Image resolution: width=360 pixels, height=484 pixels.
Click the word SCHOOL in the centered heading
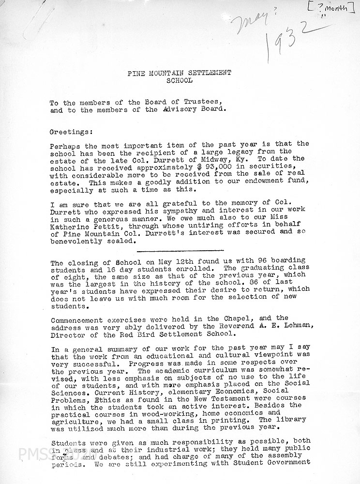[x=179, y=80]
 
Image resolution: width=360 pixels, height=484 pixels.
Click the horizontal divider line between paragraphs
[x=180, y=251]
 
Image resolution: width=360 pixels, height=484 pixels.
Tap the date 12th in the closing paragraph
[x=148, y=263]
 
